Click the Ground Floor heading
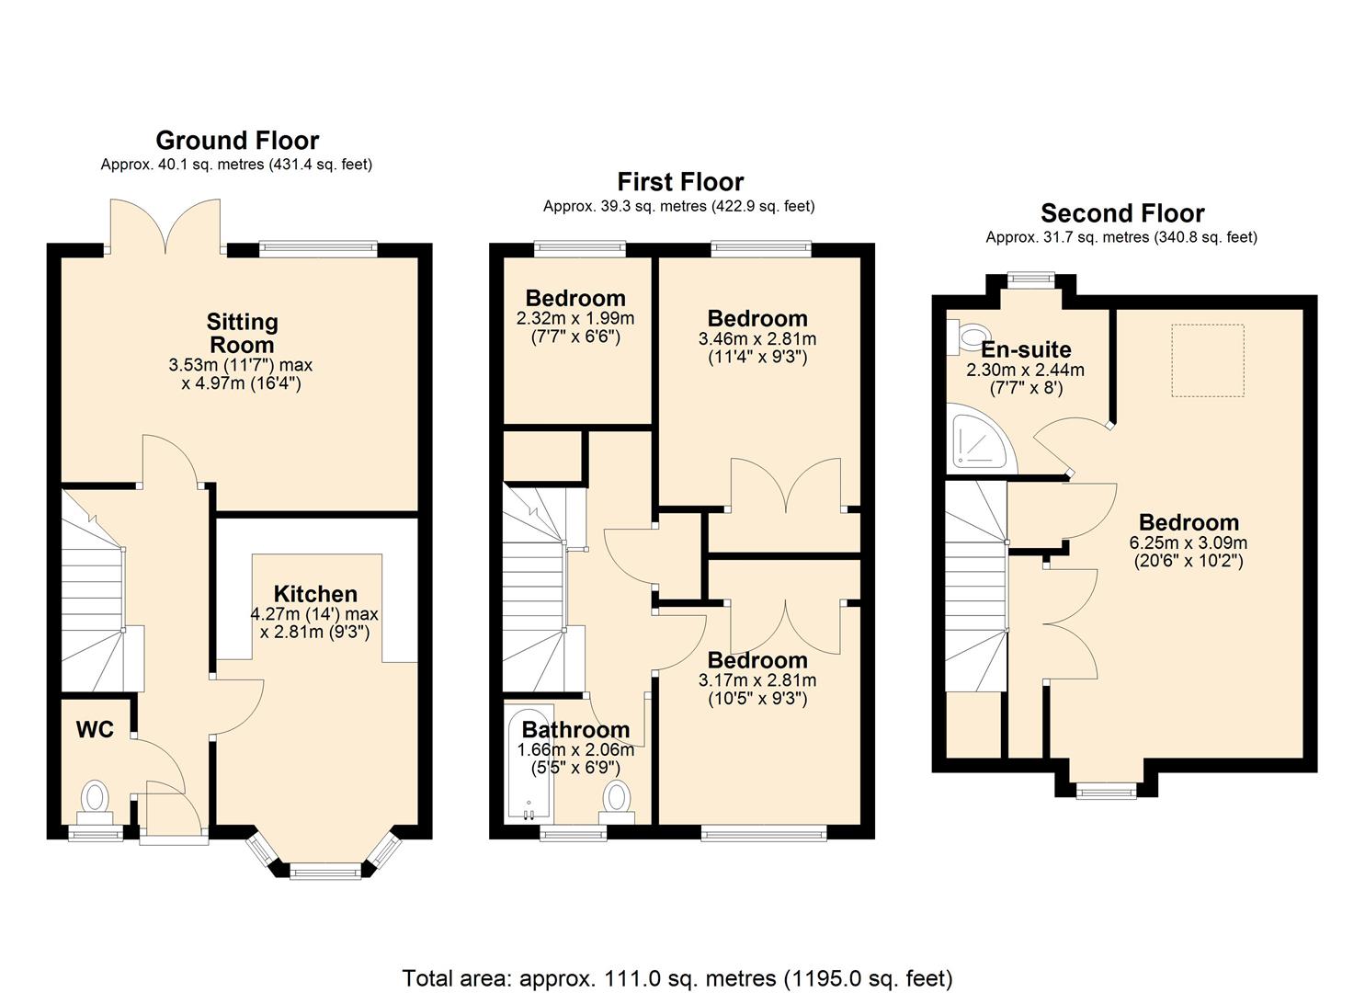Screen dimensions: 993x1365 (x=237, y=141)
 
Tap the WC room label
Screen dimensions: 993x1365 (x=95, y=730)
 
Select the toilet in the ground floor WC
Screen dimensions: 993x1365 (x=95, y=798)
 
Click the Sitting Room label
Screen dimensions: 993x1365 (x=242, y=334)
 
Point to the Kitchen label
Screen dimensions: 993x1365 (x=315, y=594)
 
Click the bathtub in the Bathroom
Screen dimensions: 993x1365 (x=529, y=765)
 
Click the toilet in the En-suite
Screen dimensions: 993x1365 (x=965, y=337)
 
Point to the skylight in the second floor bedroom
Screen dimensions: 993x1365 (x=1207, y=360)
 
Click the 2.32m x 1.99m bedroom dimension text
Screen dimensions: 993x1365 (x=575, y=319)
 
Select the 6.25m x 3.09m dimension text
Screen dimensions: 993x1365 (x=1189, y=542)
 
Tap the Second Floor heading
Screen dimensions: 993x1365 (x=1122, y=214)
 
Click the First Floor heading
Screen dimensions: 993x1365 (x=680, y=182)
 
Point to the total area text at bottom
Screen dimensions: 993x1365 (x=677, y=977)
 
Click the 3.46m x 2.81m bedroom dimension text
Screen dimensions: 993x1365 (x=757, y=338)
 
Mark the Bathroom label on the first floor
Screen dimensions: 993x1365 (x=575, y=730)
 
